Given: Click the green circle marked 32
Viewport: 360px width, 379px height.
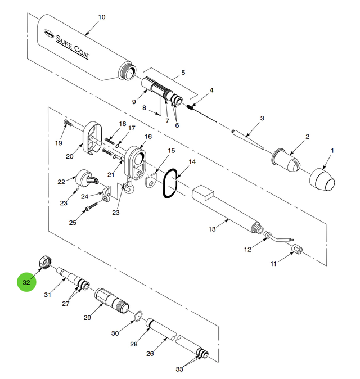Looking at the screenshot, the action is [26, 282].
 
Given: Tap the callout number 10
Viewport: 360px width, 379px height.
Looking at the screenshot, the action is [102, 17].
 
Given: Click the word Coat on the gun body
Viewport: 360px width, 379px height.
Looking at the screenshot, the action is [82, 52].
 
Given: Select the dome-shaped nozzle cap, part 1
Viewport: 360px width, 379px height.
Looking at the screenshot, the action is [322, 179].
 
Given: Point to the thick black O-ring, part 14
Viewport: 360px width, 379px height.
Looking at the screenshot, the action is [170, 183].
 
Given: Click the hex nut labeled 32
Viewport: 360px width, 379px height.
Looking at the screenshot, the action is [46, 261].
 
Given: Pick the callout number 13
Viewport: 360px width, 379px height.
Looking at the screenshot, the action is [212, 229].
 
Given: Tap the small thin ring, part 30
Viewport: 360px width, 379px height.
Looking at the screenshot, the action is [138, 317].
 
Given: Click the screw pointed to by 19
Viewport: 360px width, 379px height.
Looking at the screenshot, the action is [67, 123].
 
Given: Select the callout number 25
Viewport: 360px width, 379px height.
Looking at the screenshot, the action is [73, 223].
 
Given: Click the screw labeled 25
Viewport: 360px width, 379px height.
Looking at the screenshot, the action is [91, 206].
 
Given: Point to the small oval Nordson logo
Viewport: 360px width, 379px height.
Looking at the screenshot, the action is [48, 33].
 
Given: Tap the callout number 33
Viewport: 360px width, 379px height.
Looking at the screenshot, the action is [179, 369].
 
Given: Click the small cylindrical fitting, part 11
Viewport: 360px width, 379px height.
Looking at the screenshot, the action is [297, 249].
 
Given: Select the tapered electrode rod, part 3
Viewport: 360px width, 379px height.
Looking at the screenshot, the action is [248, 139].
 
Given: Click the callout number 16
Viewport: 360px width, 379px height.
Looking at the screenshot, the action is [148, 137].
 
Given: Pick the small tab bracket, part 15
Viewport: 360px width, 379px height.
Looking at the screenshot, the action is [151, 180].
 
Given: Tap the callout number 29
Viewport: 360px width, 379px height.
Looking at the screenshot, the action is [87, 318].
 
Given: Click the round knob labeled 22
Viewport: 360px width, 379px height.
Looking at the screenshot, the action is [87, 178].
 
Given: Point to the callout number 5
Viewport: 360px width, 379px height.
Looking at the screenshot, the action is [183, 73].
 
